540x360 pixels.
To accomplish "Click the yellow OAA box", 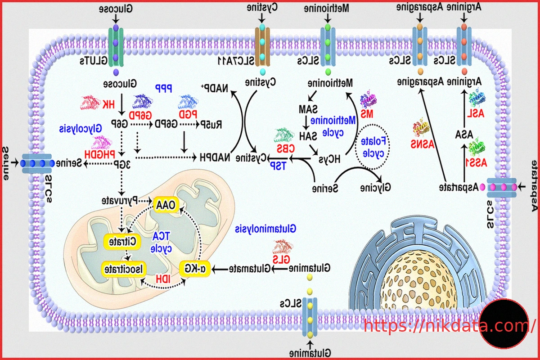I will (166, 205).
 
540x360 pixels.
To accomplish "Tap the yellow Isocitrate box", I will (122, 269).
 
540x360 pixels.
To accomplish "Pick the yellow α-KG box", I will (196, 269).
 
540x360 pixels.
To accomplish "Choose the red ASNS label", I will (419, 144).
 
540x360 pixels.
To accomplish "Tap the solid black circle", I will (503, 324).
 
